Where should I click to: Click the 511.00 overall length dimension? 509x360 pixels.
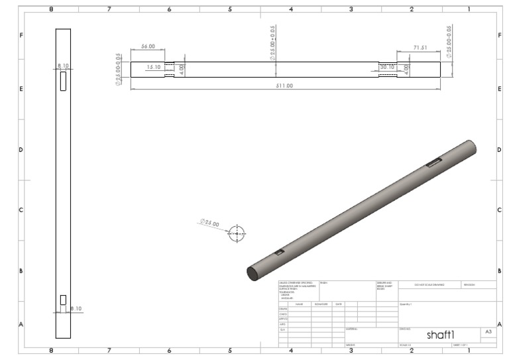tap(284, 86)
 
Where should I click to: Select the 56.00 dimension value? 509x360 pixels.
tap(148, 47)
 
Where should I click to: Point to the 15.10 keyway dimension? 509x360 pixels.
tap(153, 66)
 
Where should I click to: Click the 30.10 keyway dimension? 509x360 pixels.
tap(387, 66)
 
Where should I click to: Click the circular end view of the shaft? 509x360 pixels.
tap(237, 233)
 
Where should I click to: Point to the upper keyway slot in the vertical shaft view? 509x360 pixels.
tap(63, 82)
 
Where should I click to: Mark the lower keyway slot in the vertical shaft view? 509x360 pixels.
tap(63, 300)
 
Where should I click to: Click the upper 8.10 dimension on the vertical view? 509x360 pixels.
tap(63, 66)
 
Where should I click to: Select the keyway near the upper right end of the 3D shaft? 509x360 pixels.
tap(433, 162)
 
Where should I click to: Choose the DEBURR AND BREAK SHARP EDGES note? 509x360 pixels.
tap(385, 285)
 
